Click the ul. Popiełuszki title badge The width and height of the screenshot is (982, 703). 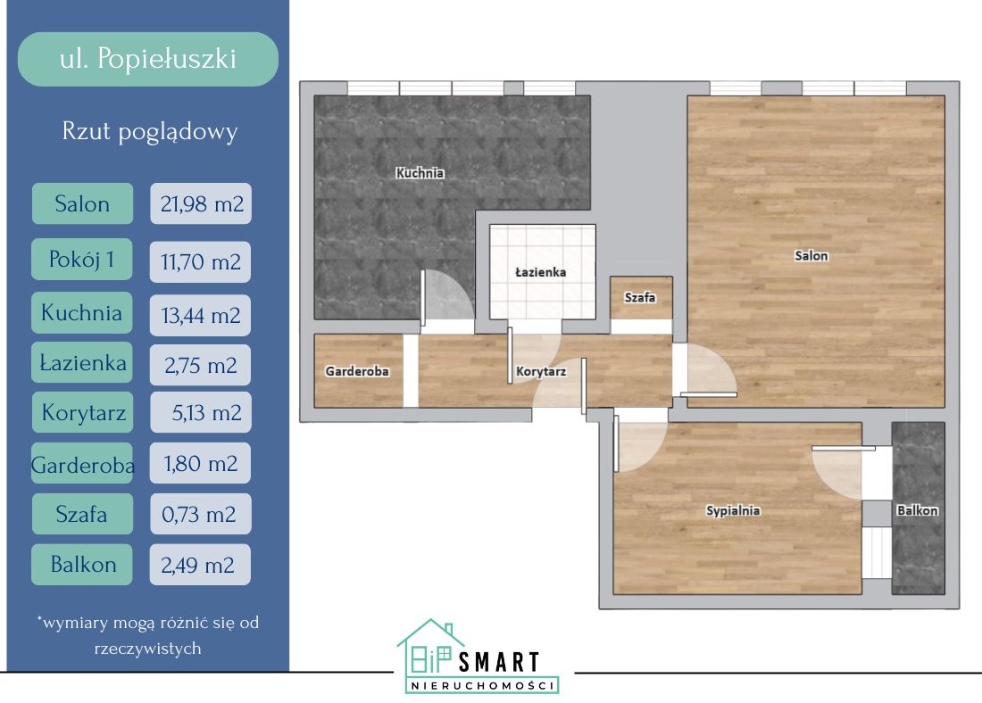point(148,60)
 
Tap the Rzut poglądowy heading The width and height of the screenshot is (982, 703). point(150,131)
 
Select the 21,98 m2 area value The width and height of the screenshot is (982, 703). point(201,203)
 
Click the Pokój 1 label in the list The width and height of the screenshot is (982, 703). point(82,259)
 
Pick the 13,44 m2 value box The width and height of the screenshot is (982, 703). point(200,315)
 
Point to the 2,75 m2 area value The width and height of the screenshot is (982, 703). point(200,365)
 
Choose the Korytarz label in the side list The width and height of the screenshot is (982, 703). point(83,412)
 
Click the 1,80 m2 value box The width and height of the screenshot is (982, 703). point(200,463)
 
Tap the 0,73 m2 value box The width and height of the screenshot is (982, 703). point(200,514)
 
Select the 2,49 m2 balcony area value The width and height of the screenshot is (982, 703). point(200,565)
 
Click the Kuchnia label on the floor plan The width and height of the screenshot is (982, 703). point(420,173)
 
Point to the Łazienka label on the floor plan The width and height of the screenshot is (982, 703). point(540,272)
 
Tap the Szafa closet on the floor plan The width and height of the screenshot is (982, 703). point(641,298)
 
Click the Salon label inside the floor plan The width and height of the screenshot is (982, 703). point(811,255)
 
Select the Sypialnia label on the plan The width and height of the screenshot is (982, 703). point(733,510)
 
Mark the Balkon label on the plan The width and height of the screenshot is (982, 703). point(918,510)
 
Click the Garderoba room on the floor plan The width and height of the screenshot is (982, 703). point(358,370)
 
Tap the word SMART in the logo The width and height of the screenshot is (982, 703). point(499,662)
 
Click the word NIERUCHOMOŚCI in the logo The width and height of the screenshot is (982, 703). point(482,685)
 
